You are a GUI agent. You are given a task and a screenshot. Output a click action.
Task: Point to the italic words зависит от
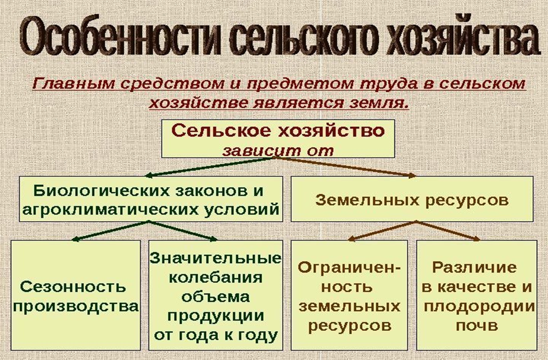[x=278, y=150]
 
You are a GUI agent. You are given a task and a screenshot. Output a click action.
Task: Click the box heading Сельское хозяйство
[x=278, y=132]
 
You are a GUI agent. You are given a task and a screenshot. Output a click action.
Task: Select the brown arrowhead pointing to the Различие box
[x=477, y=238]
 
